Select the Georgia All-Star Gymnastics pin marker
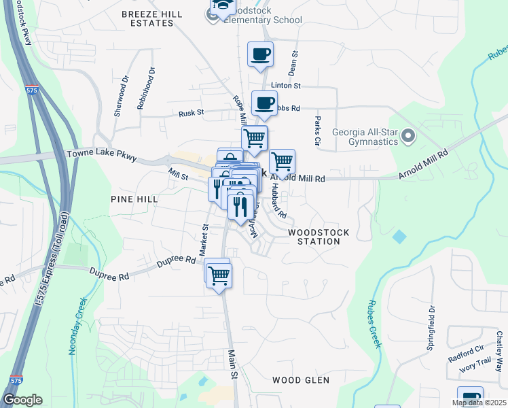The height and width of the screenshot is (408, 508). pos(408,137)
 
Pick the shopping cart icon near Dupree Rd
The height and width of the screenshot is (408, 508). pos(219,275)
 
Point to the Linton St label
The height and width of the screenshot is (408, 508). pos(286,86)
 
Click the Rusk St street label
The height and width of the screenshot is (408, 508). pos(192,114)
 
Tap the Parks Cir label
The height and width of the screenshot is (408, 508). pos(317,132)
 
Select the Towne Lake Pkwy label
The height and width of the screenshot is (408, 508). pos(102,155)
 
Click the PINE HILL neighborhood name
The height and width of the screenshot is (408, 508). pos(134,199)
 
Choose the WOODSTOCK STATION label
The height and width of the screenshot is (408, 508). pos(319,237)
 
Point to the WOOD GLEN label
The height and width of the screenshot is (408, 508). pos(301,379)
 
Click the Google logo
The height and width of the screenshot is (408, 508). pos(23,400)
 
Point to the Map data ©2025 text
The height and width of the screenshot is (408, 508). pos(478,403)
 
